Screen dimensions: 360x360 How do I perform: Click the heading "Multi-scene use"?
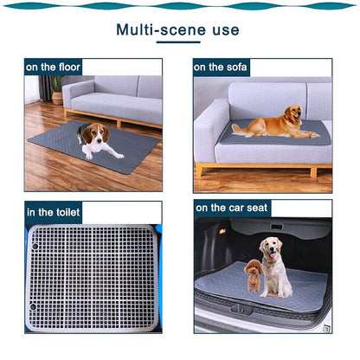pos(177,30)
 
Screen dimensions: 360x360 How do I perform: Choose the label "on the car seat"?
pos(233,208)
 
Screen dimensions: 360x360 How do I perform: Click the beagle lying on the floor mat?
pos(96,139)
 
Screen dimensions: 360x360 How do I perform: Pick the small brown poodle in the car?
pos(253,277)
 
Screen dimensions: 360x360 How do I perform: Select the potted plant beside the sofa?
pos(56,87)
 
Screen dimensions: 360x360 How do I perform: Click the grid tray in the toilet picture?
pos(92,277)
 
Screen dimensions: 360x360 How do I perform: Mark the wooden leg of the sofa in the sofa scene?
pos(199,170)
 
